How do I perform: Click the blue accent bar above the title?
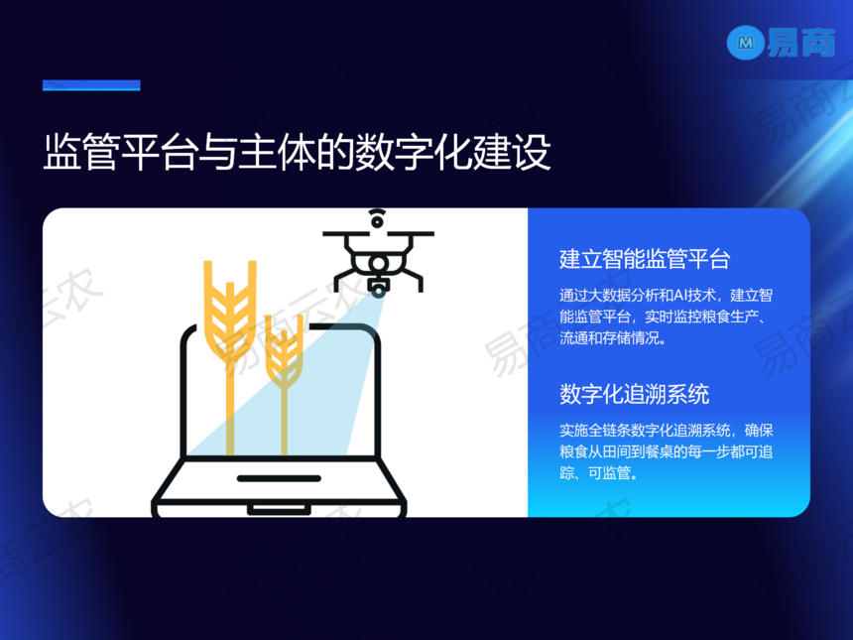(91, 85)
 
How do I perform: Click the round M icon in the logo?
(745, 43)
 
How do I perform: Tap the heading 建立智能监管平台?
(645, 259)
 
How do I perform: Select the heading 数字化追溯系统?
(635, 394)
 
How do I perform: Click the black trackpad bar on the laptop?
(279, 478)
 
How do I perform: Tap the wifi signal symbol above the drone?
(377, 217)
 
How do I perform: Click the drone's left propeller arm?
(348, 234)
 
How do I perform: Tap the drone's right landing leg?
(414, 281)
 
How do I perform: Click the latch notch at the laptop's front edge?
(279, 510)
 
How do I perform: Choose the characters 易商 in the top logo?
(800, 43)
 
